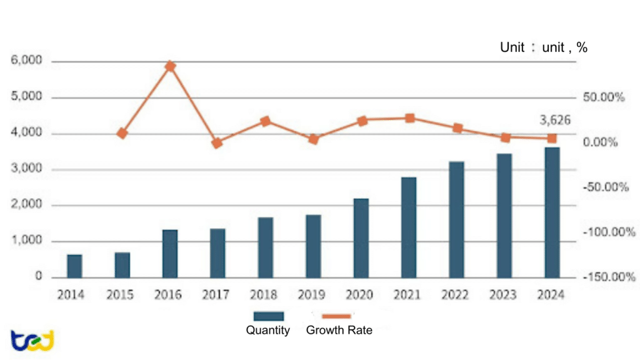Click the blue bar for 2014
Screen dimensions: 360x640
(x=74, y=266)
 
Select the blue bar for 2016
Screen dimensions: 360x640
(x=170, y=253)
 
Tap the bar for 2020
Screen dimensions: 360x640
(x=361, y=237)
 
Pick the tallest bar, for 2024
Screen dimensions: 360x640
(x=552, y=212)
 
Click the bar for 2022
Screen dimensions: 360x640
(x=457, y=219)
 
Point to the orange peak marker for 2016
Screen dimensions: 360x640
(x=170, y=66)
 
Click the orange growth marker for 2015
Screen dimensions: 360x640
(x=122, y=133)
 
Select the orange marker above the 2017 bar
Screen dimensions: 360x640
(x=217, y=143)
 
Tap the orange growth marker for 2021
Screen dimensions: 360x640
(x=410, y=118)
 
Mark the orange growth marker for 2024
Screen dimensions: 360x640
(x=552, y=138)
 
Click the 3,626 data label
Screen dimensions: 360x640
(x=555, y=120)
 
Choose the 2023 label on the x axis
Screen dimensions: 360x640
(x=504, y=294)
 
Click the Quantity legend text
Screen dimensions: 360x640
(x=268, y=331)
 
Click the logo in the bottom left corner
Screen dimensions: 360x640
(x=32, y=340)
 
